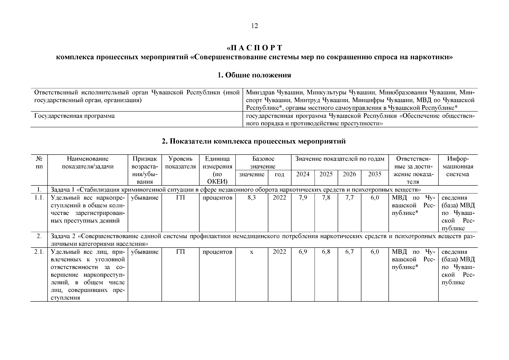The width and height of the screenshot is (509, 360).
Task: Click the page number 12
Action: (x=254, y=26)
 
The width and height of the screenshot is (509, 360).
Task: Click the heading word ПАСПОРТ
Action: (x=255, y=48)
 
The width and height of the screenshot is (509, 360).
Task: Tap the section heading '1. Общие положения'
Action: (x=254, y=75)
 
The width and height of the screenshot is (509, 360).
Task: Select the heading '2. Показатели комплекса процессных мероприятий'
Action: (x=254, y=141)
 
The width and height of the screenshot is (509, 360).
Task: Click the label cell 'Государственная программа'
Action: (x=74, y=116)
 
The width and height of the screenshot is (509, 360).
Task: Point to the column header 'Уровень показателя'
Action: (x=180, y=163)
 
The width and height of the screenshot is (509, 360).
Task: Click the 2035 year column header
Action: (x=375, y=174)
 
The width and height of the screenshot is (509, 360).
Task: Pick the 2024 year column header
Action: (x=303, y=174)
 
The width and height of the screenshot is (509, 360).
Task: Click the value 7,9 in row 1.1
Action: (x=303, y=198)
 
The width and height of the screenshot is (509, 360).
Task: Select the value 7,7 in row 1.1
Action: (x=349, y=198)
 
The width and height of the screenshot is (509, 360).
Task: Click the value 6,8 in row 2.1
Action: (x=326, y=252)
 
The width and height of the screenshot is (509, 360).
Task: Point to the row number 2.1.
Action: (x=39, y=252)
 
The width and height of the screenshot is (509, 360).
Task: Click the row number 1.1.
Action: (x=39, y=198)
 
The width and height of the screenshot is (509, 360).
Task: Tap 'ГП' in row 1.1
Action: (x=180, y=198)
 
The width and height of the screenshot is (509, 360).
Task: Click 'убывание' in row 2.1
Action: (x=145, y=252)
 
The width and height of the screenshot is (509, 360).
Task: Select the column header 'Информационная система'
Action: (x=458, y=166)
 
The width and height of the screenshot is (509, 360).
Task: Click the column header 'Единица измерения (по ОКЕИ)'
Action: (x=217, y=170)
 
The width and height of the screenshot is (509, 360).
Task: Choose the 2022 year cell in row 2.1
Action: (x=279, y=252)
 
